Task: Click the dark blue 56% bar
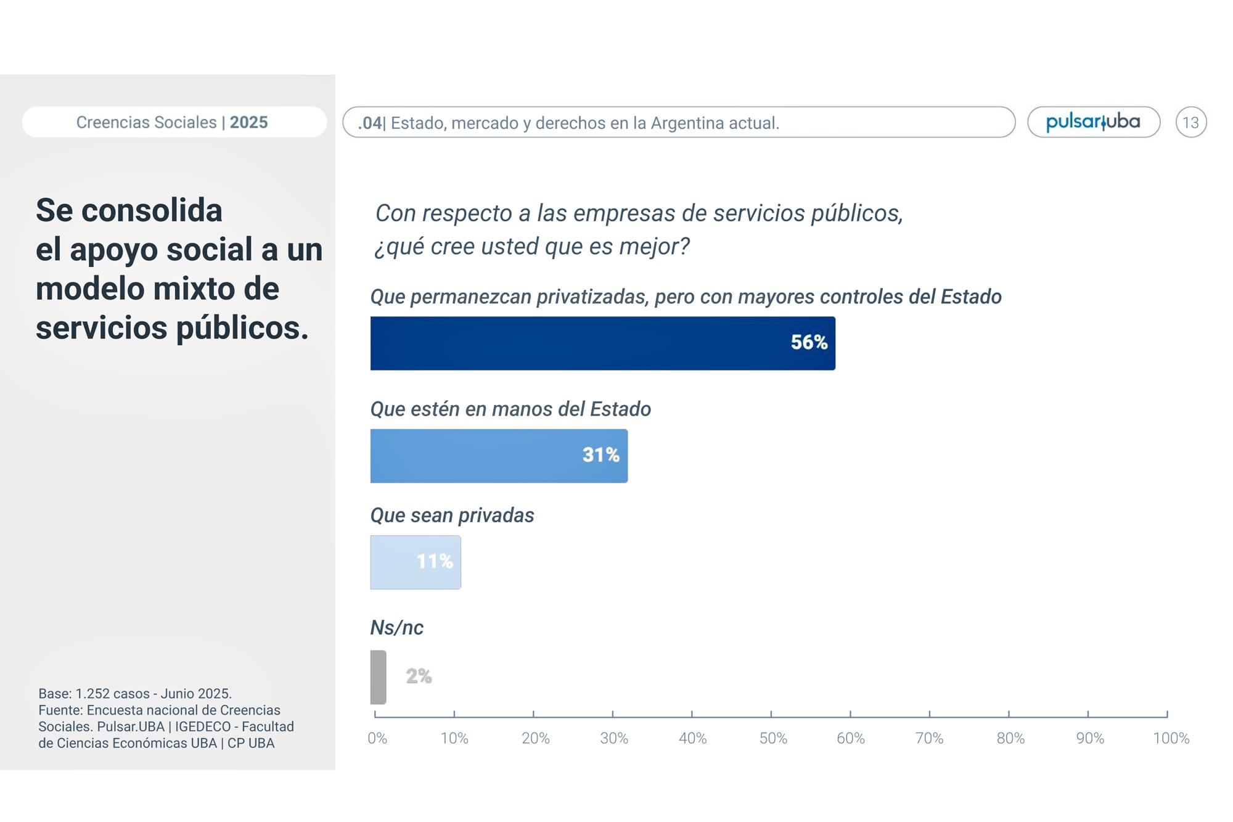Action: pyautogui.click(x=602, y=343)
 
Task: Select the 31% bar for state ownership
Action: pyautogui.click(x=498, y=456)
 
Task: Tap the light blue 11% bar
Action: pyautogui.click(x=415, y=562)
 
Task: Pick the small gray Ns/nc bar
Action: pyautogui.click(x=378, y=677)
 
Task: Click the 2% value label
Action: pyautogui.click(x=419, y=676)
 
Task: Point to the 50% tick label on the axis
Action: pyautogui.click(x=773, y=738)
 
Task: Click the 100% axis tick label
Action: pyautogui.click(x=1171, y=738)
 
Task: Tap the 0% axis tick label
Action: pyautogui.click(x=377, y=738)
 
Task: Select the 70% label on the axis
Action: pyautogui.click(x=929, y=738)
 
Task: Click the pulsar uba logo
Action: pyautogui.click(x=1093, y=122)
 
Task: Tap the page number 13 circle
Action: pyautogui.click(x=1190, y=122)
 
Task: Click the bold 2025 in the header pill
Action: pyautogui.click(x=249, y=122)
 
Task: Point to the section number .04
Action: pyautogui.click(x=370, y=123)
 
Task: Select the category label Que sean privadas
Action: pyautogui.click(x=452, y=516)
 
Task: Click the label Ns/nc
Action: pyautogui.click(x=396, y=628)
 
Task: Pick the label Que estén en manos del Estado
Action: pyautogui.click(x=510, y=409)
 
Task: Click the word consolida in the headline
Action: pyautogui.click(x=152, y=210)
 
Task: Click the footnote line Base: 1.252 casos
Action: pyautogui.click(x=135, y=693)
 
